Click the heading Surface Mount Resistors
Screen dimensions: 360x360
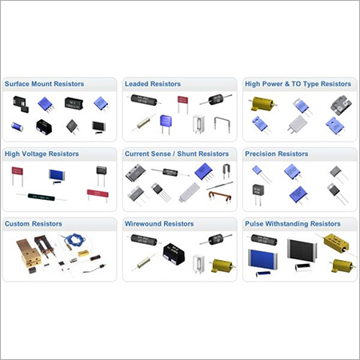pos(44,84)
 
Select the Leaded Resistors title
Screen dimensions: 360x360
pos(153,84)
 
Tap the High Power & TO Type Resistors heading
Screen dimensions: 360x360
pos(298,84)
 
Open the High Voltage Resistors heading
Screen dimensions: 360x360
pos(42,154)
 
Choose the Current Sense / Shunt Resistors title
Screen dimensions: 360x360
pos(177,154)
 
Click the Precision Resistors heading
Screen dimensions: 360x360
pos(277,154)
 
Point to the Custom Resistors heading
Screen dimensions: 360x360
pos(34,224)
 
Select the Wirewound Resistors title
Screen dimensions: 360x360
pos(159,224)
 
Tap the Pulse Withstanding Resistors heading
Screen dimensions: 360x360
pos(293,224)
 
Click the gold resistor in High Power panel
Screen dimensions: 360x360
pos(262,104)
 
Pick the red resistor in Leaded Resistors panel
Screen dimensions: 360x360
pos(183,104)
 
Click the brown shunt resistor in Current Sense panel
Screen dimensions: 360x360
pos(220,196)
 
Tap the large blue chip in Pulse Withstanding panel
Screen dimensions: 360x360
pos(262,259)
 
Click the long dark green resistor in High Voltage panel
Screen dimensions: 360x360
pos(42,198)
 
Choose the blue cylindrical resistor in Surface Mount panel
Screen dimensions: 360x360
pos(17,126)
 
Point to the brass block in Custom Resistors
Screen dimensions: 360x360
pos(28,253)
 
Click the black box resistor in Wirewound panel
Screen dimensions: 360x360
pos(174,254)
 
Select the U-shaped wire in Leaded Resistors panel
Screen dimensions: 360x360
pos(222,124)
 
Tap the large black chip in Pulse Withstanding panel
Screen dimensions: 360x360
pos(302,250)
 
